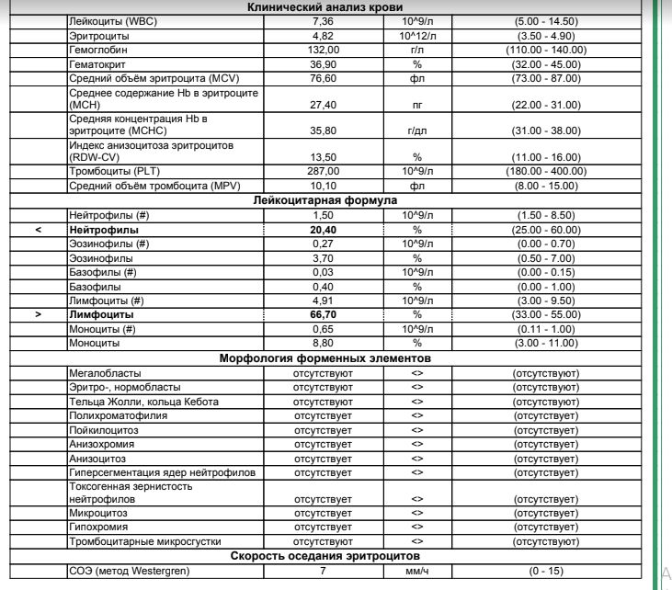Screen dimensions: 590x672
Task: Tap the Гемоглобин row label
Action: tap(98, 50)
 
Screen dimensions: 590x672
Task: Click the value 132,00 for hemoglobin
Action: tap(323, 50)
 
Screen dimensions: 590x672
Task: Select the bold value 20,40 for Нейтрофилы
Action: tap(323, 229)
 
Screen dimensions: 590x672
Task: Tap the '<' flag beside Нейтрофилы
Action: tap(38, 229)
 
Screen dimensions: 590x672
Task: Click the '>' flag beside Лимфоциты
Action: tap(38, 313)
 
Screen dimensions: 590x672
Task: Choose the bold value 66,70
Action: tap(323, 313)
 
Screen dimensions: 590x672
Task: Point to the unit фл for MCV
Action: tap(416, 79)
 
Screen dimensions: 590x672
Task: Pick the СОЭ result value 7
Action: tap(323, 572)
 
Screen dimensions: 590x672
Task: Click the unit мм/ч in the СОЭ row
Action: tap(416, 572)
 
